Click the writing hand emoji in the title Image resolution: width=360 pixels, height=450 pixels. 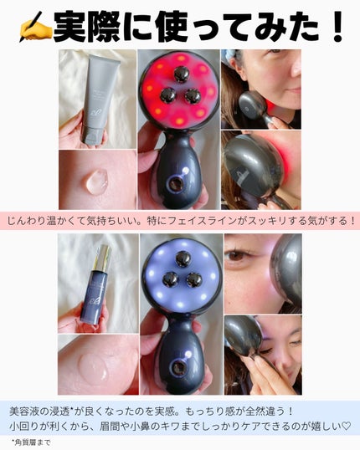[35, 28]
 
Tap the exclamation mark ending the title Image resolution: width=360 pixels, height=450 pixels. [336, 28]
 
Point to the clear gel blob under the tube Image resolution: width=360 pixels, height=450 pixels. [96, 180]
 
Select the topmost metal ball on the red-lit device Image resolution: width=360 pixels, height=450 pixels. [181, 74]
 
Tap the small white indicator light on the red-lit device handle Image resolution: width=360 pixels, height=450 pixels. [186, 171]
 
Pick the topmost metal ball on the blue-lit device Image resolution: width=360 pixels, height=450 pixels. [183, 259]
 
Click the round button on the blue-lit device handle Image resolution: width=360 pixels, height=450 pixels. [178, 368]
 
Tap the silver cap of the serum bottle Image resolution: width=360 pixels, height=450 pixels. [103, 258]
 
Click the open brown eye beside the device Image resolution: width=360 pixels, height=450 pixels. [236, 255]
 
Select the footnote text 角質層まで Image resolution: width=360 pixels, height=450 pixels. [33, 442]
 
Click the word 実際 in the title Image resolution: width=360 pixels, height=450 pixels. [86, 28]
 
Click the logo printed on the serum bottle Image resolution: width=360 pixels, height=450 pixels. [91, 304]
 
